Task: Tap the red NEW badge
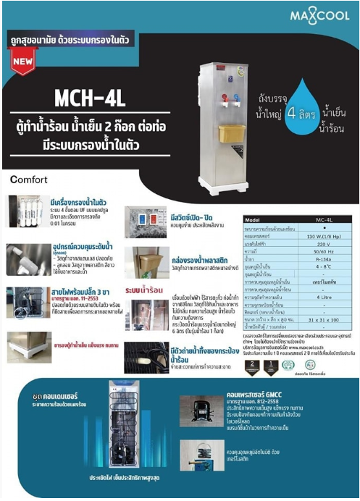tap(24, 62)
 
